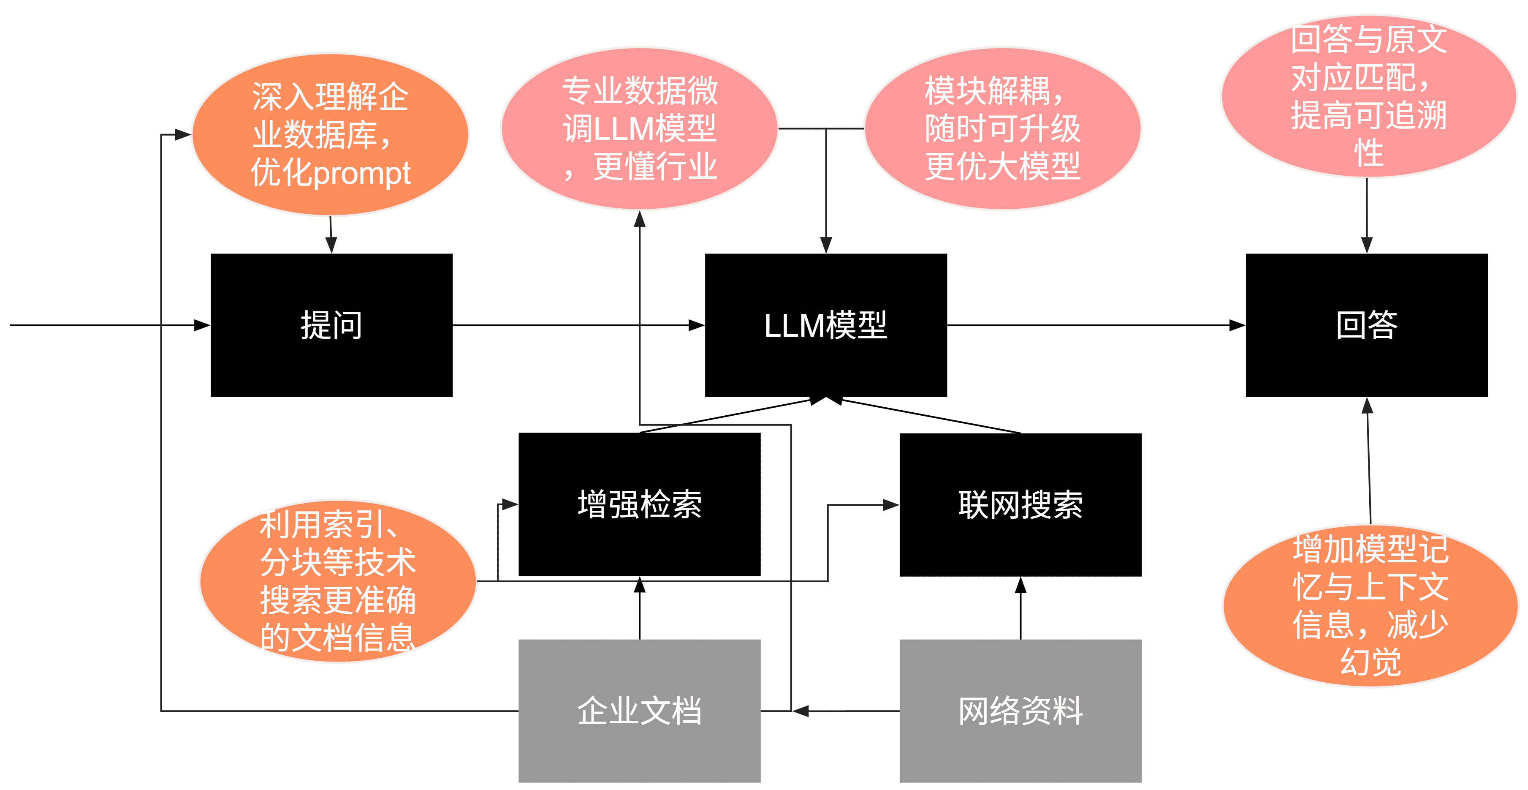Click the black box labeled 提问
(x=331, y=325)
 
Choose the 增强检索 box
(x=639, y=504)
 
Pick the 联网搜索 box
(x=1020, y=504)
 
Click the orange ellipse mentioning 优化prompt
(x=330, y=134)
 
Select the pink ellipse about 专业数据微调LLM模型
(x=639, y=128)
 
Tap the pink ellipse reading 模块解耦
(x=1002, y=128)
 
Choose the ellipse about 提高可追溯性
(x=1368, y=96)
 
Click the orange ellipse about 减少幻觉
(x=1370, y=605)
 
